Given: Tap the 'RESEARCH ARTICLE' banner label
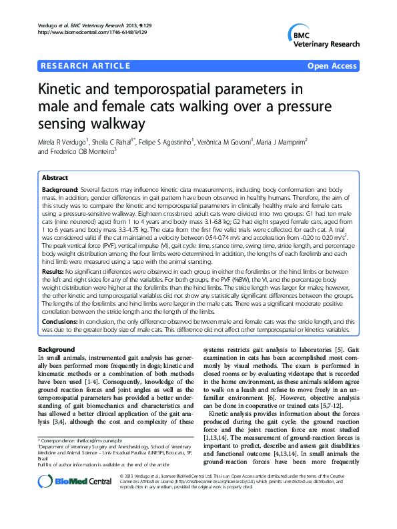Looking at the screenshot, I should click(x=85, y=66).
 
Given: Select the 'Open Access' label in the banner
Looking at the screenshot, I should click(x=332, y=66).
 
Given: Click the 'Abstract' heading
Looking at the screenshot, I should click(x=55, y=179).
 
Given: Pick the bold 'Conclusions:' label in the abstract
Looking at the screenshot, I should click(x=60, y=320).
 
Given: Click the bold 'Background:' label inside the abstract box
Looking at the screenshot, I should click(x=61, y=191).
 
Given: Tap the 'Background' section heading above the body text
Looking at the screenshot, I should click(x=56, y=350).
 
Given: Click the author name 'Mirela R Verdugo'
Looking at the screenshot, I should click(x=67, y=141).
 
